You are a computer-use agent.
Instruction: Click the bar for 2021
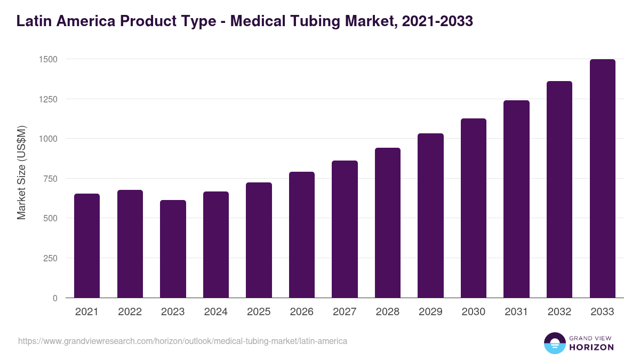click(x=87, y=246)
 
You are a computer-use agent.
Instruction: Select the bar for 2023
click(x=173, y=249)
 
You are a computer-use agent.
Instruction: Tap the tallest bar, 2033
click(x=602, y=179)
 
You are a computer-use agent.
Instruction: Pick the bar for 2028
click(x=388, y=223)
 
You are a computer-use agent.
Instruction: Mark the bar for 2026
click(x=302, y=235)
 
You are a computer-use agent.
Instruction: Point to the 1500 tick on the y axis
click(x=48, y=59)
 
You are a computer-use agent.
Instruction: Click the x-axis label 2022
click(x=130, y=312)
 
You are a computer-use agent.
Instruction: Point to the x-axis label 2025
click(x=259, y=312)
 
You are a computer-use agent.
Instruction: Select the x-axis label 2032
click(x=559, y=312)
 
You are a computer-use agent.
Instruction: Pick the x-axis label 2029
click(x=430, y=312)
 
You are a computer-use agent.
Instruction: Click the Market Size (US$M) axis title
click(x=21, y=173)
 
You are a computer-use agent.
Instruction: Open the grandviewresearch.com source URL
click(x=182, y=341)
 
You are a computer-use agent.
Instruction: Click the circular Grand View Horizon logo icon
click(x=554, y=343)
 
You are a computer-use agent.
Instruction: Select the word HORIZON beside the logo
click(x=591, y=347)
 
